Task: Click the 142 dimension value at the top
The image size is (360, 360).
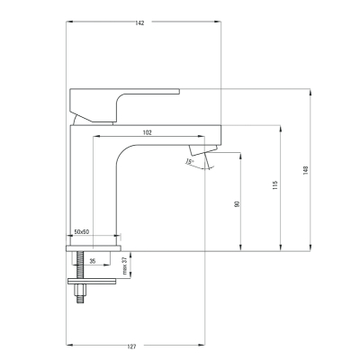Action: click(139, 23)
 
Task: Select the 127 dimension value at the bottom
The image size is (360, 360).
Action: click(131, 346)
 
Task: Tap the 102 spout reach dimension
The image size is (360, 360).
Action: click(147, 132)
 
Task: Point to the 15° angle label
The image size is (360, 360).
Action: click(190, 161)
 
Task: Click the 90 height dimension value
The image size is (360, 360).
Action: click(237, 204)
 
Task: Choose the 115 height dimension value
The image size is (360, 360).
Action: click(275, 185)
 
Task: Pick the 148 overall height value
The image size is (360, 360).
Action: click(306, 170)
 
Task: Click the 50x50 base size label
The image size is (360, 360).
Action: click(82, 231)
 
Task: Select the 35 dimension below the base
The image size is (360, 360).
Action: click(93, 261)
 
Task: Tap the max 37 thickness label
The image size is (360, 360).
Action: click(125, 265)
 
